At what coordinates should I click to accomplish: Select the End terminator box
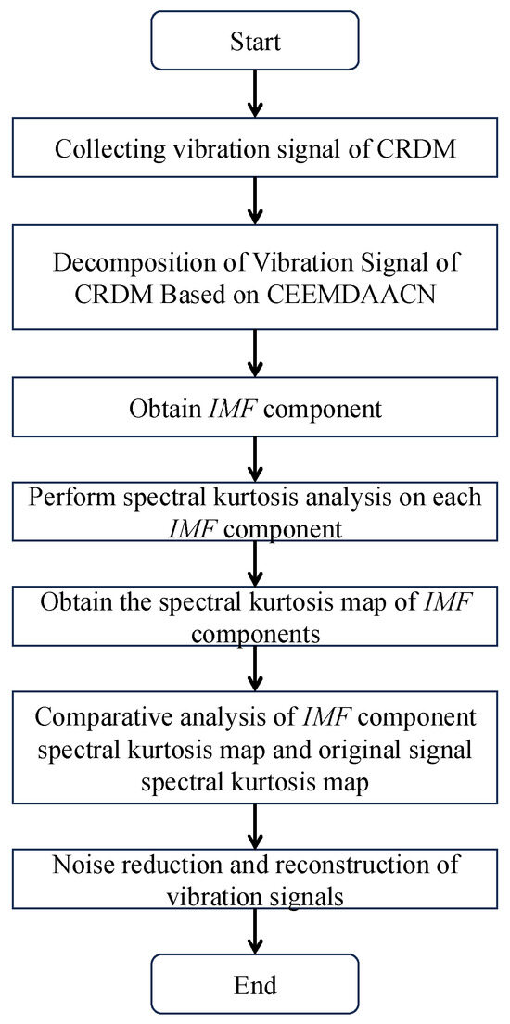click(x=254, y=983)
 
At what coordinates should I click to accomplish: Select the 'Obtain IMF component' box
click(x=254, y=405)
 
